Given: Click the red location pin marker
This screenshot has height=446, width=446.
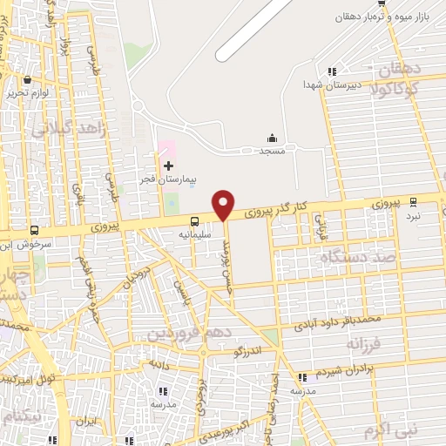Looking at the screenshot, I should tap(224, 204).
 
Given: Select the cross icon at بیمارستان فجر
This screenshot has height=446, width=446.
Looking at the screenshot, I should tap(168, 165).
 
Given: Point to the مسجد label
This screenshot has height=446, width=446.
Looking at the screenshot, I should tap(272, 151).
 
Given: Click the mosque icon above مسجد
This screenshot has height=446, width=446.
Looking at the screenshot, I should tap(272, 137).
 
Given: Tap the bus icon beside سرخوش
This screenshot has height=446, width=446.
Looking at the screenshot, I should tap(34, 231).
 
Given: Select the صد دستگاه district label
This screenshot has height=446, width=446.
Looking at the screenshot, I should tap(358, 258).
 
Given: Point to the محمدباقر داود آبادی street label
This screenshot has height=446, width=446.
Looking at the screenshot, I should tap(348, 322).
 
